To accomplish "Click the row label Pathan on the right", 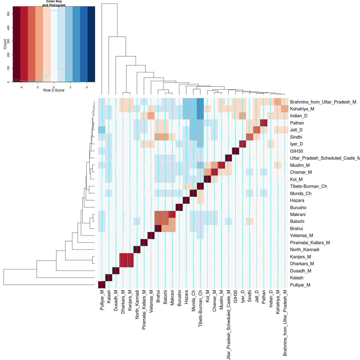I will pyautogui.click(x=297, y=123).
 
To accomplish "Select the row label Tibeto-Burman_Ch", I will pyautogui.click(x=308, y=186).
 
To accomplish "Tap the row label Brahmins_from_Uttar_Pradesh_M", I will pyautogui.click(x=323, y=102).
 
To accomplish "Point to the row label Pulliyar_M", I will pyautogui.click(x=300, y=285).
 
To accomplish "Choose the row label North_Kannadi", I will pyautogui.click(x=304, y=250).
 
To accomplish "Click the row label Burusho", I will pyautogui.click(x=298, y=208).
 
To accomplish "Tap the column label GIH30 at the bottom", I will pyautogui.click(x=235, y=296).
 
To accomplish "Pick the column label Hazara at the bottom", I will pyautogui.click(x=186, y=297).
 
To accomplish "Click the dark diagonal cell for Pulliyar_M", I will pyautogui.click(x=102, y=285).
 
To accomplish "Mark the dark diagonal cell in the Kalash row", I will pyautogui.click(x=109, y=278).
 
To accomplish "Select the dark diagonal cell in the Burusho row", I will pyautogui.click(x=179, y=207).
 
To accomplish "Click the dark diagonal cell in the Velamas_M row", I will pyautogui.click(x=151, y=235).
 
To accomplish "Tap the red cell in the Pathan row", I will pyautogui.click(x=264, y=123).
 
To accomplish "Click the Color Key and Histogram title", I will pyautogui.click(x=54, y=3).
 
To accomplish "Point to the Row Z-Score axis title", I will pyautogui.click(x=54, y=90).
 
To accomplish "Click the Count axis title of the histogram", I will pyautogui.click(x=5, y=44).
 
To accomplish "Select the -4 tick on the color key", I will pyautogui.click(x=21, y=87).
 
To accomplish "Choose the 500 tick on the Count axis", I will pyautogui.click(x=8, y=14).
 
